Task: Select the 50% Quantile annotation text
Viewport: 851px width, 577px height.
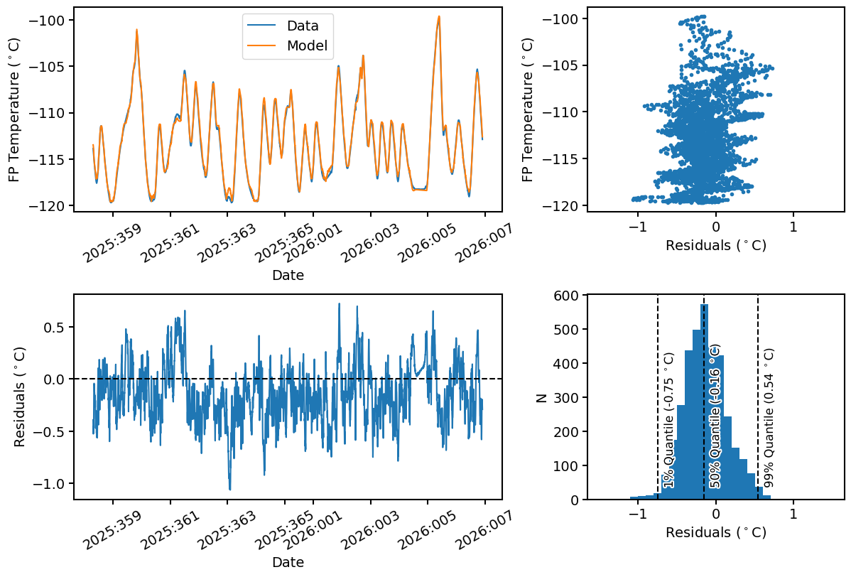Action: pyautogui.click(x=715, y=417)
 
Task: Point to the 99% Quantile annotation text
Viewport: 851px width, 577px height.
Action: pyautogui.click(x=768, y=417)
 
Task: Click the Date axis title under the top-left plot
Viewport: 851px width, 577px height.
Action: pyautogui.click(x=288, y=275)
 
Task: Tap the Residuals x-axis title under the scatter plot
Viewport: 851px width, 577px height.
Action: pyautogui.click(x=715, y=246)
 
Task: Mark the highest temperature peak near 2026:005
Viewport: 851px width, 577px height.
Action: pyautogui.click(x=439, y=17)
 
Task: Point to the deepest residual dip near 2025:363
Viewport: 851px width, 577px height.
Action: pyautogui.click(x=229, y=489)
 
